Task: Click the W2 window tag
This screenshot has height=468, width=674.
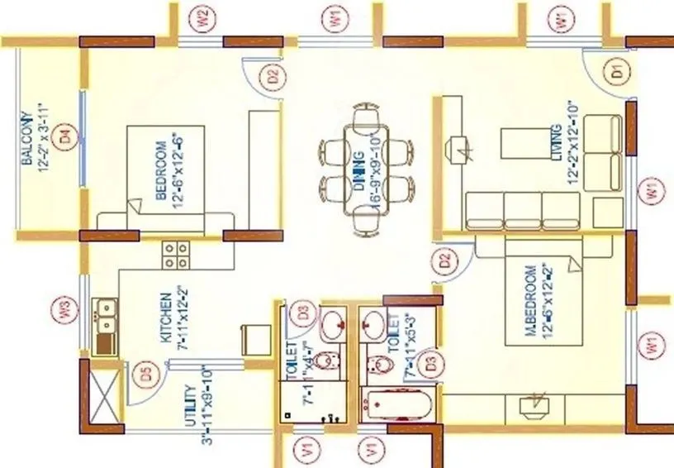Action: (x=201, y=17)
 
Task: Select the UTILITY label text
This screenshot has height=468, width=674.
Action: (x=190, y=404)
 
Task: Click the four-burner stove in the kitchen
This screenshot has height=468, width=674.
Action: (x=176, y=254)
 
